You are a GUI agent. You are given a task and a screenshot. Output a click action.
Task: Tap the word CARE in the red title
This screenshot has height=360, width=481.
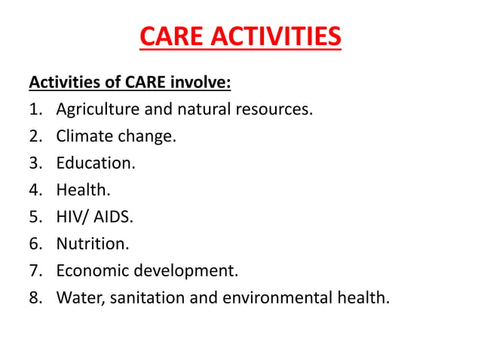point(170,36)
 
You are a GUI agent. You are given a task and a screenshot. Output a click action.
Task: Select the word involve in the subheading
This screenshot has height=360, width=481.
point(205,81)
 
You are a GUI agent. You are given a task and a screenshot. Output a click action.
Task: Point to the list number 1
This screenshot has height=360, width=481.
point(35,109)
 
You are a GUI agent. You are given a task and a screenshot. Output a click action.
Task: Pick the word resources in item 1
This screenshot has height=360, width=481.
point(274,109)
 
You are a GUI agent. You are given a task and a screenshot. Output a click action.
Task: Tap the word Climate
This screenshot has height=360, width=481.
point(84,136)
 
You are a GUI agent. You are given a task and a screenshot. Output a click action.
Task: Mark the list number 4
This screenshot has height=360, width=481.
point(35,191)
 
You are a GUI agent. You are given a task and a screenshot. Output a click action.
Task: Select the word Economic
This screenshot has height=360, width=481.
point(89,271)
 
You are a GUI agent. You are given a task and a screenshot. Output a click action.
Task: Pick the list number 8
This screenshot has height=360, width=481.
point(35,298)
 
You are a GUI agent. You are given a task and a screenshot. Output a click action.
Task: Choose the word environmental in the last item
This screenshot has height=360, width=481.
point(276,298)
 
